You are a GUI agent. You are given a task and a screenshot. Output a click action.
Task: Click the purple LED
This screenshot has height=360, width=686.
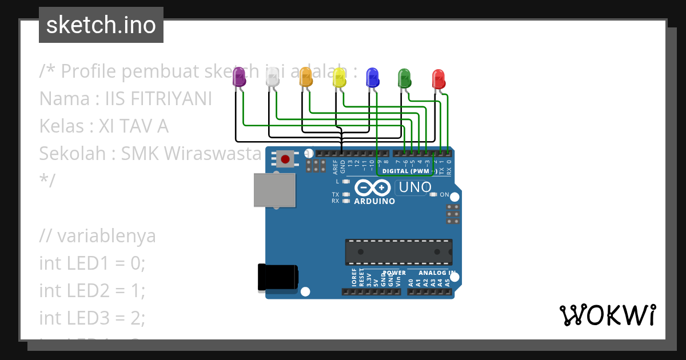[x=238, y=77]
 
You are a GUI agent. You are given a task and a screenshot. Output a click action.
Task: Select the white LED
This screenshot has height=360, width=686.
[x=272, y=77]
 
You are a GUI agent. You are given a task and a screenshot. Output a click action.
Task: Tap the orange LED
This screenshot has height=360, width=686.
[x=305, y=77]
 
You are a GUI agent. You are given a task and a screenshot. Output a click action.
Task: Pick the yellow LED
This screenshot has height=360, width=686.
[x=339, y=77]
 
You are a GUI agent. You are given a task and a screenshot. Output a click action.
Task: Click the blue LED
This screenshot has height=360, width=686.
[x=372, y=77]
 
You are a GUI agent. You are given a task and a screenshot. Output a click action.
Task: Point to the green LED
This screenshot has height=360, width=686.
[x=405, y=78]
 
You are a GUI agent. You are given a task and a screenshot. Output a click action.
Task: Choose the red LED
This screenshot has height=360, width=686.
[x=438, y=78]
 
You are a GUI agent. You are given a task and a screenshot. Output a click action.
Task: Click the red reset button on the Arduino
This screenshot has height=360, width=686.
[x=285, y=158]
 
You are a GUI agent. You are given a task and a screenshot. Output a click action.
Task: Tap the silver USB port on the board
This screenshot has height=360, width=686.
[x=275, y=190]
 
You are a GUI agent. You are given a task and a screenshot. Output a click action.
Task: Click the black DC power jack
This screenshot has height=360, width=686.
[x=278, y=277]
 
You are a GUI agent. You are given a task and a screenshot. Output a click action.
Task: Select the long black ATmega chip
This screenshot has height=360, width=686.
[x=398, y=252]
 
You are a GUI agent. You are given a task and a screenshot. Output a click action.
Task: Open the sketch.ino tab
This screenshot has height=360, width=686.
[x=101, y=25]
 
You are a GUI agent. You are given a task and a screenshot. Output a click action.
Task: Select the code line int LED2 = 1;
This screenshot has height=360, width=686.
[x=92, y=290]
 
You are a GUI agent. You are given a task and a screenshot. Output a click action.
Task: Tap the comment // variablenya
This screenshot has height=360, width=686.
[x=97, y=236]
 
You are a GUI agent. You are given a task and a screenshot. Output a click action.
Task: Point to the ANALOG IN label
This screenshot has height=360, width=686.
[x=436, y=273]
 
